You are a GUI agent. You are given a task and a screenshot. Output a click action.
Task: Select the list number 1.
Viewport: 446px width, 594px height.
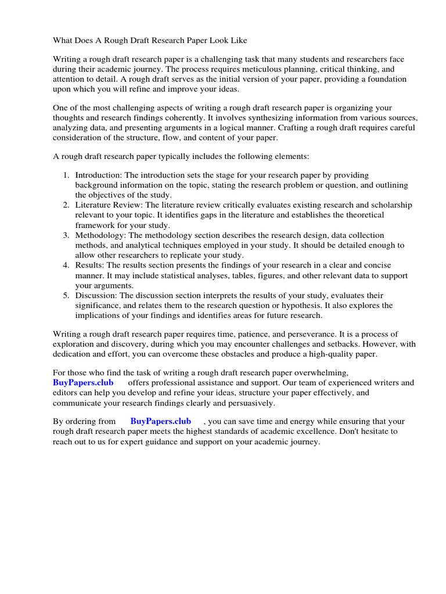(x=66, y=175)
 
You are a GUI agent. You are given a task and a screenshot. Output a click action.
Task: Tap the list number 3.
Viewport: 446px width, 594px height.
(x=66, y=235)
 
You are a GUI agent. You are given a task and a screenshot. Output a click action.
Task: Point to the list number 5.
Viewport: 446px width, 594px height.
(x=66, y=295)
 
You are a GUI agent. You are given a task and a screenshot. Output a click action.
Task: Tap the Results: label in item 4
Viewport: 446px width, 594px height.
(x=89, y=265)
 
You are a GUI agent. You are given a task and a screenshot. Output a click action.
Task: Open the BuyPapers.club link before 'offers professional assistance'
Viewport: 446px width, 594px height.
(x=84, y=383)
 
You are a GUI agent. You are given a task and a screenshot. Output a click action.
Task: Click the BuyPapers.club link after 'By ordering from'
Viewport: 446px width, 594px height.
(x=160, y=421)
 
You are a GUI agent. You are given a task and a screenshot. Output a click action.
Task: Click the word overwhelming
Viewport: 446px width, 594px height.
(x=320, y=373)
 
